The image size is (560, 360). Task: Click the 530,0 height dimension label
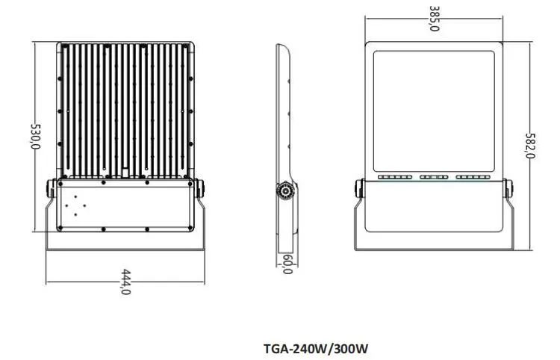pyautogui.click(x=37, y=137)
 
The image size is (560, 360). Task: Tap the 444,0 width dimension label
pyautogui.click(x=125, y=282)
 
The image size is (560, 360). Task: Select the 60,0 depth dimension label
pyautogui.click(x=287, y=264)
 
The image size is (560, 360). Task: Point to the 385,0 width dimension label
pyautogui.click(x=434, y=19)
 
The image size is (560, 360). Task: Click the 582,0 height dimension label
pyautogui.click(x=530, y=146)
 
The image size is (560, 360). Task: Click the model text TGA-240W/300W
pyautogui.click(x=316, y=348)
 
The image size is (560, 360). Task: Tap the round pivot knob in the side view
pyautogui.click(x=285, y=191)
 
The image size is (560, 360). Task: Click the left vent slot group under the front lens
pyautogui.click(x=395, y=177)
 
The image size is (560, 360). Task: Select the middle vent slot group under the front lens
pyautogui.click(x=434, y=177)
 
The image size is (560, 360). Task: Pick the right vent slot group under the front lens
pyautogui.click(x=473, y=177)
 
